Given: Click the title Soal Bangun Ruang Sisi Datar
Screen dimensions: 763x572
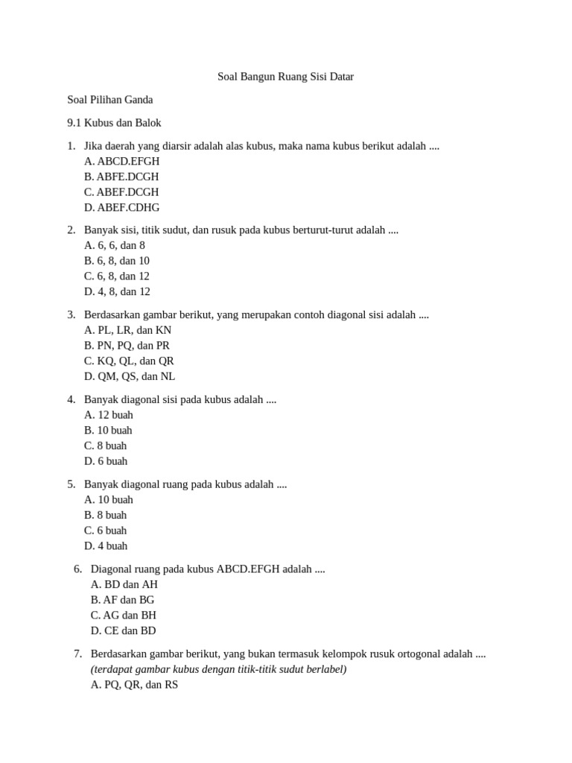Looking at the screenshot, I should click(x=285, y=77).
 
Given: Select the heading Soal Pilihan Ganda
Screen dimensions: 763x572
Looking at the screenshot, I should click(x=110, y=100).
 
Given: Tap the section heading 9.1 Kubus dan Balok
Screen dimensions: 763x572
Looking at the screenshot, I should click(x=114, y=123).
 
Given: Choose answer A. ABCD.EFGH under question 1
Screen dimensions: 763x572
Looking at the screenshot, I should click(x=122, y=161).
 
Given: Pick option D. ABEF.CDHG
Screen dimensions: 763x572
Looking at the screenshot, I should click(x=122, y=208).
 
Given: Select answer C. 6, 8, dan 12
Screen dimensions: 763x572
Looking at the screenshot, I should click(x=117, y=276).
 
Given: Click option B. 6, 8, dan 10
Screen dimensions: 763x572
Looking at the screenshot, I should click(x=117, y=261).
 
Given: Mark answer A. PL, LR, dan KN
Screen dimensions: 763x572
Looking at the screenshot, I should click(x=128, y=330).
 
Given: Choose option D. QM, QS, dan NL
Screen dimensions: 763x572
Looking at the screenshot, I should click(x=130, y=376).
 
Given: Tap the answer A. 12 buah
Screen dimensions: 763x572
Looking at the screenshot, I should click(x=109, y=415).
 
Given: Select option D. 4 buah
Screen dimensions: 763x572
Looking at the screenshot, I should click(x=106, y=546).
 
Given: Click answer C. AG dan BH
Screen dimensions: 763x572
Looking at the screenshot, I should click(x=124, y=615).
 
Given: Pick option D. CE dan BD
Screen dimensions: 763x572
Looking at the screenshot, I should click(x=124, y=631).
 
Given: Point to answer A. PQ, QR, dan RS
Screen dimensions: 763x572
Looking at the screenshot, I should click(x=135, y=685).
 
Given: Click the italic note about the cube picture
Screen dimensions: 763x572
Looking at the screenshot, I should click(x=219, y=669).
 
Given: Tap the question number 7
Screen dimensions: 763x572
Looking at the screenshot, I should click(x=77, y=654).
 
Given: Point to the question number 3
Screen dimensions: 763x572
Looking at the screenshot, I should click(x=71, y=315).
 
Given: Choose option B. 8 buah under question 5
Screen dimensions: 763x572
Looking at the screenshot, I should click(x=106, y=516).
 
